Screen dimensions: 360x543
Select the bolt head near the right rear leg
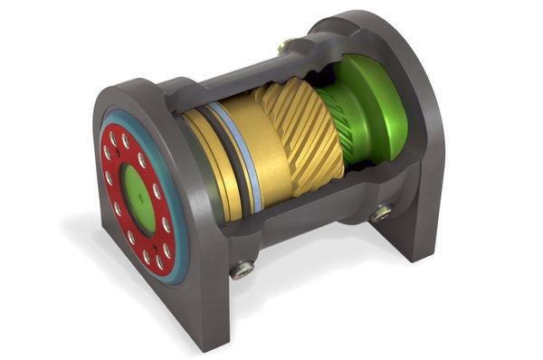(380, 213)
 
